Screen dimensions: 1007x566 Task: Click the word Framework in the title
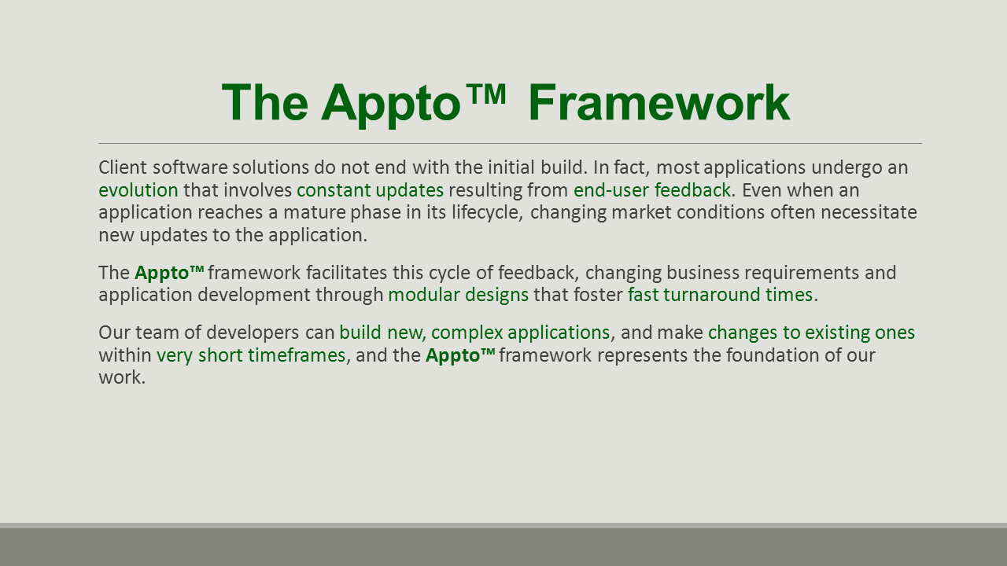(x=659, y=103)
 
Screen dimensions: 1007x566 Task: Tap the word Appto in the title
(x=391, y=105)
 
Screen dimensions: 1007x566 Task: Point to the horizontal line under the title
(x=511, y=143)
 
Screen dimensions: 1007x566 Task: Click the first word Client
(x=123, y=167)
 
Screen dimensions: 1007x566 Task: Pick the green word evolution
(x=138, y=190)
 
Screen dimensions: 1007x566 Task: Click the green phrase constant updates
(x=370, y=190)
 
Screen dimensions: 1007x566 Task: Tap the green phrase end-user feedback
(x=652, y=190)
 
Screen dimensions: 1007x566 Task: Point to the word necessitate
(x=869, y=212)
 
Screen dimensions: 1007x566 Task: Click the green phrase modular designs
(x=458, y=295)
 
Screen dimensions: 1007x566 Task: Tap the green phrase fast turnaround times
(x=720, y=295)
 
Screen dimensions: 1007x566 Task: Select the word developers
(x=253, y=333)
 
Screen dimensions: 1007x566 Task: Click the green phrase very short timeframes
(x=251, y=355)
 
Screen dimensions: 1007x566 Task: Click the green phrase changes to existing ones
(x=811, y=333)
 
